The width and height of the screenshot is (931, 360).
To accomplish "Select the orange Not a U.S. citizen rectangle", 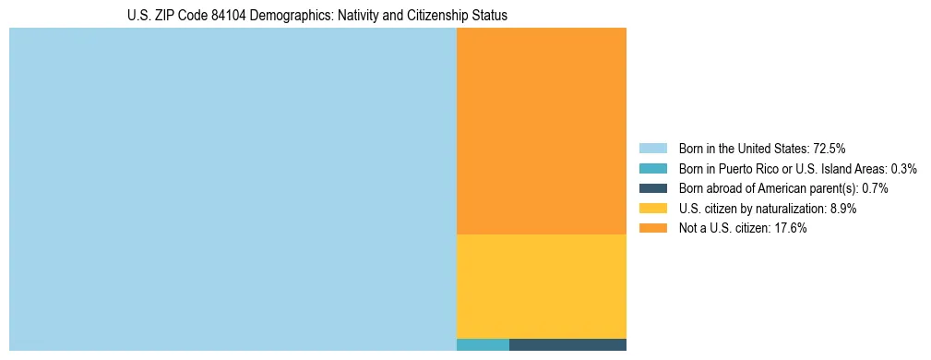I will [x=542, y=131].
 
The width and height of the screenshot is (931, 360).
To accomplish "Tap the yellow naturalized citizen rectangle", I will [x=542, y=286].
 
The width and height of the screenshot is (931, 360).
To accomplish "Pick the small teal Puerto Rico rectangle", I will [x=483, y=345].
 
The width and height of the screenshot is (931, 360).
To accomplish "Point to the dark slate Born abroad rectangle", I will [x=567, y=345].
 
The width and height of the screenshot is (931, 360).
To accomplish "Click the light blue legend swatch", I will [x=652, y=148].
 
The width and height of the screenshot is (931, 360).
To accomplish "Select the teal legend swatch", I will [x=652, y=168].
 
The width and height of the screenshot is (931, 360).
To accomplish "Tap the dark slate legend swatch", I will [x=652, y=188].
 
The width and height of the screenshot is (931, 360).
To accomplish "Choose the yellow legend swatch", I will [x=652, y=209].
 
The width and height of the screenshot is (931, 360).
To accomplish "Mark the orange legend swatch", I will [x=652, y=229].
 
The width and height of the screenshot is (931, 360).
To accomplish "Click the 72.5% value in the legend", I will [x=830, y=148].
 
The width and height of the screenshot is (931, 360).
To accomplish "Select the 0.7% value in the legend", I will [x=875, y=188].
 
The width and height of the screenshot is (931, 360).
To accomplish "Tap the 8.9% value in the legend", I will [x=842, y=209].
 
